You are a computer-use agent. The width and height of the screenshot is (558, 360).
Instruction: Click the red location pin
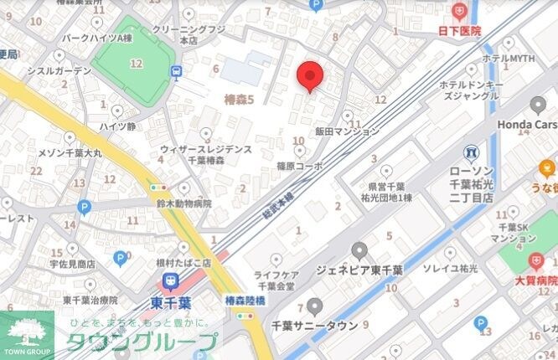click(x=311, y=76)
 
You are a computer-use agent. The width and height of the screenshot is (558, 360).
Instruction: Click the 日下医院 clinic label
click(x=460, y=30)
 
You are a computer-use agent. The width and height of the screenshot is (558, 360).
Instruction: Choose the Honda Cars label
click(x=527, y=124)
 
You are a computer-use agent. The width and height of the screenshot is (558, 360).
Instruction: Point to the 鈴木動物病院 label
click(x=182, y=203)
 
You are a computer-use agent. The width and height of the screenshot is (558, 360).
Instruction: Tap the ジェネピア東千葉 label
click(x=359, y=270)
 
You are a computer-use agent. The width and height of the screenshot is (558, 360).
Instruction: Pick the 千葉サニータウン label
click(x=315, y=325)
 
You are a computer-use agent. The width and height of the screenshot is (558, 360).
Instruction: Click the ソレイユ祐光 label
click(x=450, y=268)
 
